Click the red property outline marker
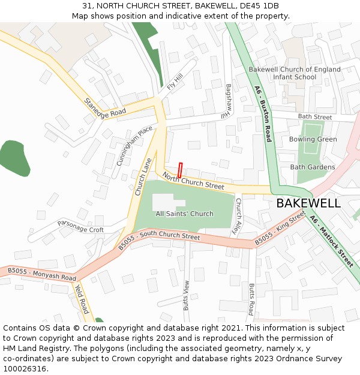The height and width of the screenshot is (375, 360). [179, 170]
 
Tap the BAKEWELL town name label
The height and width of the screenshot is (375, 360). [308, 203]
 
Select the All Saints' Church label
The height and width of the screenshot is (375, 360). [184, 214]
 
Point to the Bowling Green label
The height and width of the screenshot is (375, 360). [313, 139]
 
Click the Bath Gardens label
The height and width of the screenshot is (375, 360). [312, 167]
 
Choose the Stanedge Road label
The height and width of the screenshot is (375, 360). [105, 108]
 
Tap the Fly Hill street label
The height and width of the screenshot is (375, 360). [175, 82]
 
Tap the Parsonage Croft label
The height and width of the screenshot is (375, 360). [80, 226]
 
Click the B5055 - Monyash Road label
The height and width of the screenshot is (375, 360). [42, 275]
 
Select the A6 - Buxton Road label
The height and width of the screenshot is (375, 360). [263, 114]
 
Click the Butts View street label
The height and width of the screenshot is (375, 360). [187, 295]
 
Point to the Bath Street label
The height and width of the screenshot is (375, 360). [315, 117]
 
